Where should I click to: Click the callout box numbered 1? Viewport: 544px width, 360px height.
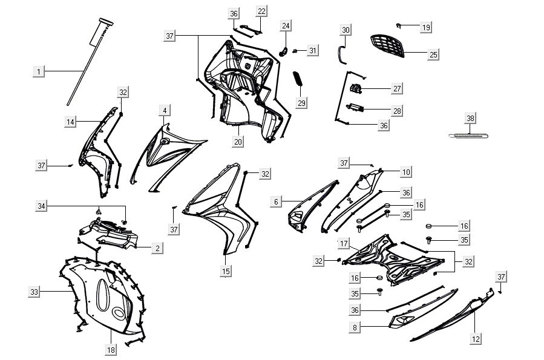[39, 72]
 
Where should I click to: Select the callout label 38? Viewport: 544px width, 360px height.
[470, 118]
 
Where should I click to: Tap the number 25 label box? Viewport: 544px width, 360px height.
[433, 54]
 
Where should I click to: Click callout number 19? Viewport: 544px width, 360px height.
[426, 27]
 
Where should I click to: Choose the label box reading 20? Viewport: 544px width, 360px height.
[238, 142]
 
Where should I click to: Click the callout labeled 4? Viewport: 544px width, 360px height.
[165, 111]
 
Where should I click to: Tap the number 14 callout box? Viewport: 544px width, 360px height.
[70, 122]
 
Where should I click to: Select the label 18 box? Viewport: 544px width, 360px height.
[111, 350]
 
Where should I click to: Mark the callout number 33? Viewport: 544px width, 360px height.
[34, 292]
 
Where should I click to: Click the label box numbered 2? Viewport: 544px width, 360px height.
[157, 248]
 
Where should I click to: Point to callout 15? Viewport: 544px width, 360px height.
[226, 271]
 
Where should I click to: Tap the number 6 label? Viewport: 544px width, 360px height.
[276, 201]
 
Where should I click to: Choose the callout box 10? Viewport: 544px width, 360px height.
[406, 172]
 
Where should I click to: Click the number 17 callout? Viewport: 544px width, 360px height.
[344, 243]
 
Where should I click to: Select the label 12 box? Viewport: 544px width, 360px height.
[476, 339]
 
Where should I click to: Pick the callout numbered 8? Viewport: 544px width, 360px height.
[355, 327]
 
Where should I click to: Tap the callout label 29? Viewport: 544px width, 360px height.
[301, 103]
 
